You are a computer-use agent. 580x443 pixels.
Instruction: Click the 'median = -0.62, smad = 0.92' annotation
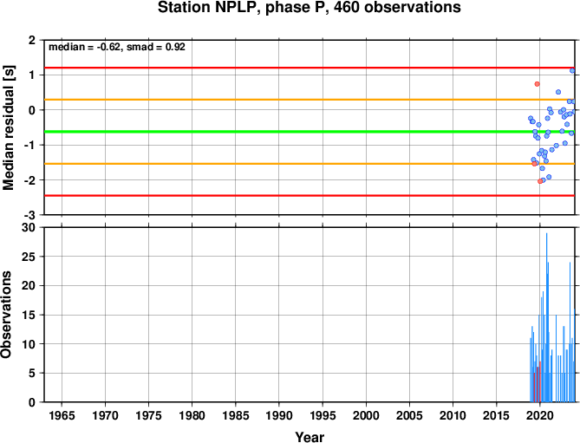pyautogui.click(x=117, y=47)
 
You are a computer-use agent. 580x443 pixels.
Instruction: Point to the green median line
pyautogui.click(x=310, y=132)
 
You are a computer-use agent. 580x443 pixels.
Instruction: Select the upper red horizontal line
pyautogui.click(x=310, y=68)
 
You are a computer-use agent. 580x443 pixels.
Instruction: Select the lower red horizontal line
pyautogui.click(x=310, y=196)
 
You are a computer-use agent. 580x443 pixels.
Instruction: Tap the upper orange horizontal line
pyautogui.click(x=310, y=100)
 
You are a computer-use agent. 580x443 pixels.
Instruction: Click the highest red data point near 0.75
pyautogui.click(x=538, y=84)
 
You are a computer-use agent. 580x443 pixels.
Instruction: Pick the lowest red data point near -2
pyautogui.click(x=540, y=181)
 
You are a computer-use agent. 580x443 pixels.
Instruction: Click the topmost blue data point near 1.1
pyautogui.click(x=572, y=70)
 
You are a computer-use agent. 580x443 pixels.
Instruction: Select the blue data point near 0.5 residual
pyautogui.click(x=558, y=92)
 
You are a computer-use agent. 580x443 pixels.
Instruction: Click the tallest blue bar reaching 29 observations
pyautogui.click(x=547, y=317)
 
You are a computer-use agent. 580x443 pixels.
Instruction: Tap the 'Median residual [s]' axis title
pyautogui.click(x=8, y=127)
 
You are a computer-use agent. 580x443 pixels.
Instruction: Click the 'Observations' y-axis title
pyautogui.click(x=6, y=315)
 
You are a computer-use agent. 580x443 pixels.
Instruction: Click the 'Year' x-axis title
pyautogui.click(x=310, y=437)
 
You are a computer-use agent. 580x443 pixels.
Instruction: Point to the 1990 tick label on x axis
pyautogui.click(x=279, y=415)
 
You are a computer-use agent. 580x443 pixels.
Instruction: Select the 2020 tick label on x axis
pyautogui.click(x=540, y=415)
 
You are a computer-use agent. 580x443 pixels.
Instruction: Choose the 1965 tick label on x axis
pyautogui.click(x=62, y=415)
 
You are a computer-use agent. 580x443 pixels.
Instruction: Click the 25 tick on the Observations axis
pyautogui.click(x=29, y=257)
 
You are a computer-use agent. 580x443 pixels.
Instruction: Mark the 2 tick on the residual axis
pyautogui.click(x=33, y=40)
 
